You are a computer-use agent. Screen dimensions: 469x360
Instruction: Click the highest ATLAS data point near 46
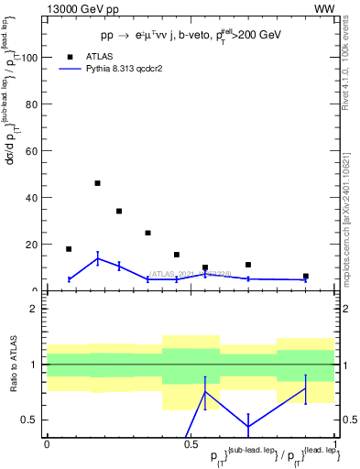click(x=97, y=183)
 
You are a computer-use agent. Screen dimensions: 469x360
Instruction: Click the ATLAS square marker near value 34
click(x=119, y=211)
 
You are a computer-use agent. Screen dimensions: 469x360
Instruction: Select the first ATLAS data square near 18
click(x=69, y=249)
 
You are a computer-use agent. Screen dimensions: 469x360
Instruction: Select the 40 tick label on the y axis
click(x=31, y=198)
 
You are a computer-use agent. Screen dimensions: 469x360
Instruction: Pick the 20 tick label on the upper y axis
click(x=31, y=245)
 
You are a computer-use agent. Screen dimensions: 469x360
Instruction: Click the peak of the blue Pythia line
click(x=97, y=258)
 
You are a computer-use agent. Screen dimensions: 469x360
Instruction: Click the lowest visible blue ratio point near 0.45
click(x=248, y=426)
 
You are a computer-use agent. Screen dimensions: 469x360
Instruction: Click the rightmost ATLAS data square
click(x=306, y=276)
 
